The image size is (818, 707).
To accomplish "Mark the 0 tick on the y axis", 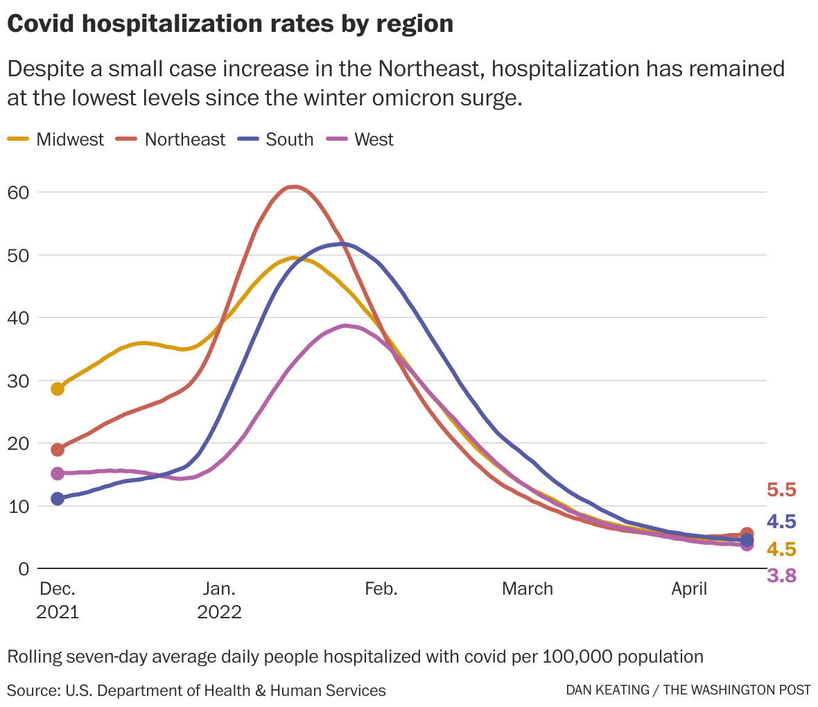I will click(x=24, y=569).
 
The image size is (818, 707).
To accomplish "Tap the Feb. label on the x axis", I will click(x=381, y=589).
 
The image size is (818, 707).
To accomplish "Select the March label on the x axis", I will click(x=528, y=589).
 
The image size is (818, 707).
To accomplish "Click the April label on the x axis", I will click(x=689, y=589).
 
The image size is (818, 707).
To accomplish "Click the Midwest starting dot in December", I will click(x=58, y=389).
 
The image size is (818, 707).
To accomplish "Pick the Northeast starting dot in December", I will click(x=58, y=450).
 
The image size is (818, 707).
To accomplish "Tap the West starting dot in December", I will click(x=58, y=473).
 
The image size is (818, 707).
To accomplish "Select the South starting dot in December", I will click(x=58, y=498).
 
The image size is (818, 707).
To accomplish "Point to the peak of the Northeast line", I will click(x=295, y=186).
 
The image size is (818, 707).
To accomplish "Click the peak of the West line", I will click(x=345, y=325).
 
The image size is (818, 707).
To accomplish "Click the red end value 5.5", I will click(x=781, y=491).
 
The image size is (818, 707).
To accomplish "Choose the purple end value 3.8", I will click(x=781, y=576).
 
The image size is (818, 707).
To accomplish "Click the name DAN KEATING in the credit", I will click(x=607, y=690).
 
